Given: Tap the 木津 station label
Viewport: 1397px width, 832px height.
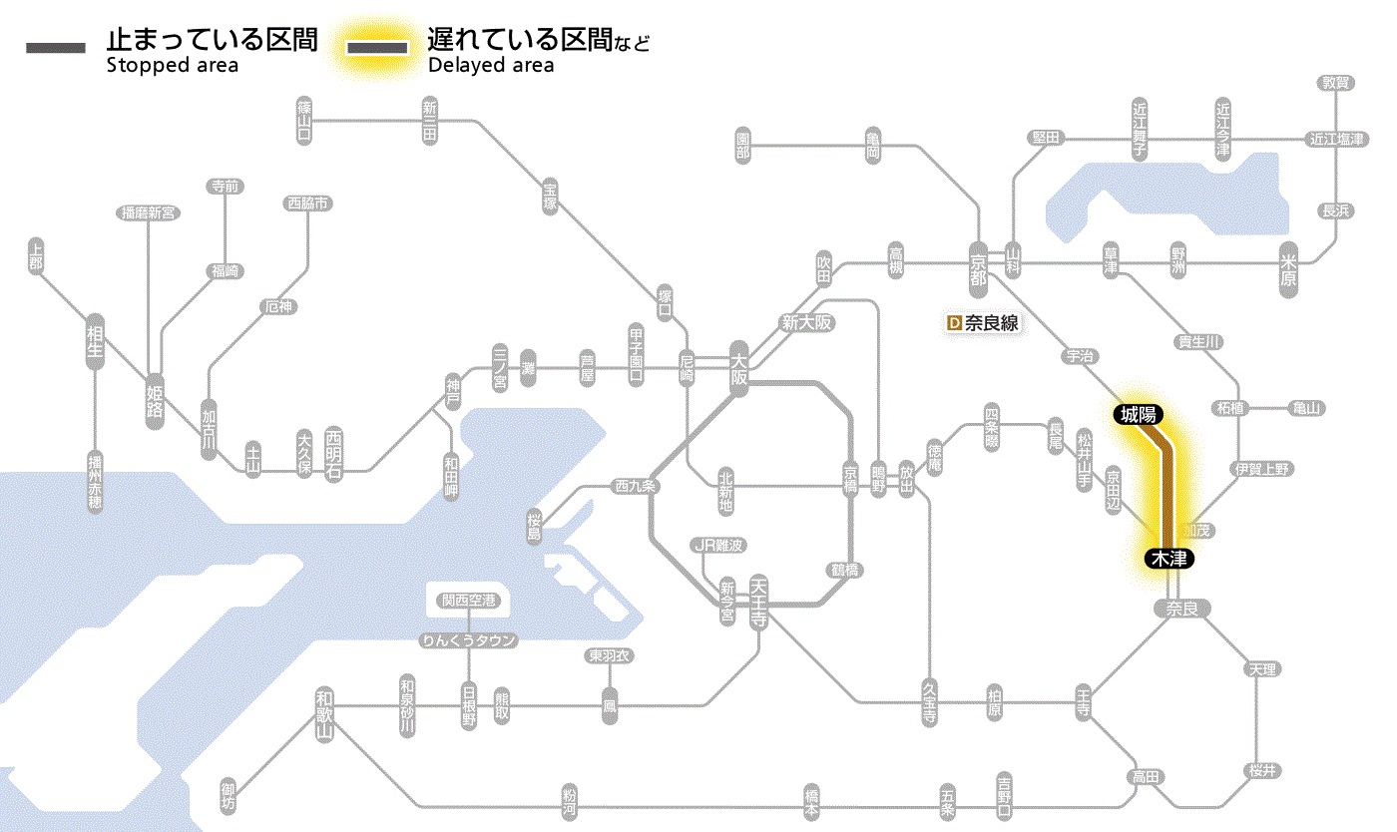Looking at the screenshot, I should click(1169, 559).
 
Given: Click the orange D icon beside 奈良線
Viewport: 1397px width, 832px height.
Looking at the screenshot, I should click(953, 323).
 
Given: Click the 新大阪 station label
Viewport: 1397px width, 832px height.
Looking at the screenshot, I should click(806, 323).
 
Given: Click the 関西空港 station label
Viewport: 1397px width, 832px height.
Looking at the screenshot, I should click(468, 601).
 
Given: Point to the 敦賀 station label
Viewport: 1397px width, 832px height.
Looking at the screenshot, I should click(1335, 83).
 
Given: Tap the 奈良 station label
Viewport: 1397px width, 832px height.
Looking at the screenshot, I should click(1180, 609).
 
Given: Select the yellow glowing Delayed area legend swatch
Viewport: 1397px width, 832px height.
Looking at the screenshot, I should click(376, 49).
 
